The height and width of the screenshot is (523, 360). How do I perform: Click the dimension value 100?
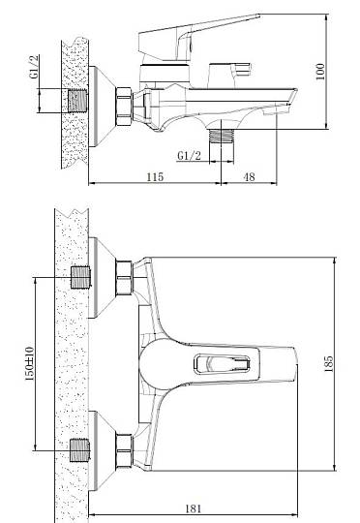coord(320,72)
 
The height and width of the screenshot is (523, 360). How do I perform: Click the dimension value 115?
coord(155,176)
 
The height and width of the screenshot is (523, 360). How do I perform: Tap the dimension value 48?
coord(249,176)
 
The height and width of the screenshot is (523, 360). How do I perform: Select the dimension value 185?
coord(328,363)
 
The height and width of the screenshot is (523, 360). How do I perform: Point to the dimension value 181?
coord(194,508)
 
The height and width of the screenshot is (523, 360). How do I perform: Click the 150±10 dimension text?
coord(30,363)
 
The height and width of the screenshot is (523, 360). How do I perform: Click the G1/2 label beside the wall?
coord(34,67)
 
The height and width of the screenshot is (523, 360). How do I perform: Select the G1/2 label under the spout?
coord(190,155)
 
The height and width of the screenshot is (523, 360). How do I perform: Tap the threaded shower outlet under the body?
coord(222,137)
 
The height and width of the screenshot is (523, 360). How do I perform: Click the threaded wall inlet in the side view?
coord(78,101)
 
